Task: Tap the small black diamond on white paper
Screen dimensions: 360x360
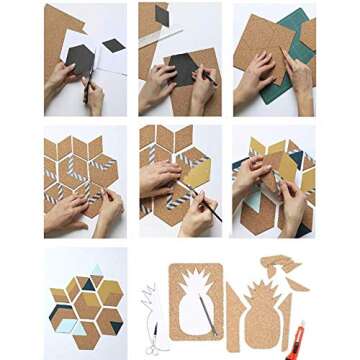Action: [x=114, y=45]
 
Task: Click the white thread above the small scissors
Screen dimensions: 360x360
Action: [x=150, y=300]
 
